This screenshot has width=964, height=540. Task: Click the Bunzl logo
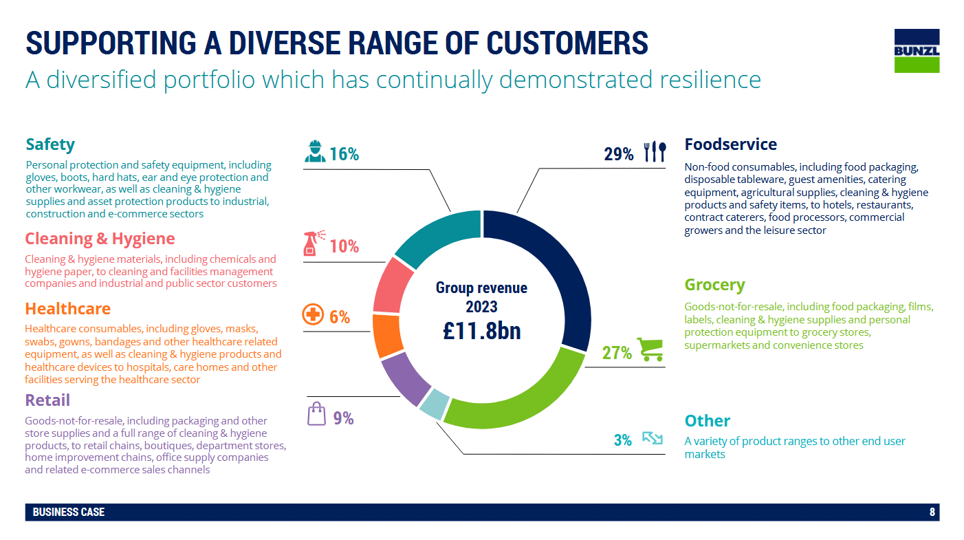pyautogui.click(x=917, y=50)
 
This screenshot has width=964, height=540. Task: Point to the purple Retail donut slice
pyautogui.click(x=404, y=379)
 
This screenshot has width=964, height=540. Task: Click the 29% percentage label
pyautogui.click(x=619, y=154)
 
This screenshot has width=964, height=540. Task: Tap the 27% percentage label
pyautogui.click(x=617, y=353)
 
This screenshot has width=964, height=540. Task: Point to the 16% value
pyautogui.click(x=344, y=154)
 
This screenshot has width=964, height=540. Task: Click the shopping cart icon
pyautogui.click(x=650, y=349)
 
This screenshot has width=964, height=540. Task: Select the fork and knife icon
pyautogui.click(x=655, y=152)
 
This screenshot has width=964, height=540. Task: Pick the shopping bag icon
pyautogui.click(x=316, y=415)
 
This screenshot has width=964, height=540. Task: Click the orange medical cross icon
pyautogui.click(x=313, y=316)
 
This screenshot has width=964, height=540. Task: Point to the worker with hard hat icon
pyautogui.click(x=315, y=151)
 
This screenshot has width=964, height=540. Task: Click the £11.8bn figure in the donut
pyautogui.click(x=481, y=330)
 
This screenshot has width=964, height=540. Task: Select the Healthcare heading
pyautogui.click(x=67, y=309)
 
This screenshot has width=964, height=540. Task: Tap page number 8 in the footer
pyautogui.click(x=932, y=512)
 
